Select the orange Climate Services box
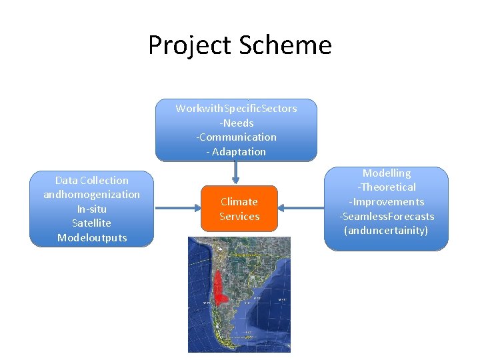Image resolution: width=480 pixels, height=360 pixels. click(x=239, y=209)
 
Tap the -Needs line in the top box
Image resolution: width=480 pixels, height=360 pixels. click(x=236, y=123)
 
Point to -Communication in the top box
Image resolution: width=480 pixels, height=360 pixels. click(x=236, y=137)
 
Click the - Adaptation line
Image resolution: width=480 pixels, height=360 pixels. click(x=236, y=151)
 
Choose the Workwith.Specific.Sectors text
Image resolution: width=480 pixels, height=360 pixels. click(x=236, y=108)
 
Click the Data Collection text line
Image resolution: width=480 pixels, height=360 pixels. click(x=91, y=180)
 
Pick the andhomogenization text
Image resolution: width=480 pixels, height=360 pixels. click(x=91, y=195)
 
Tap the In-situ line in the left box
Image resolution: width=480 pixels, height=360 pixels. click(x=91, y=209)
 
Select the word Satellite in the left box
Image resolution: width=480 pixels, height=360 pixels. click(x=91, y=223)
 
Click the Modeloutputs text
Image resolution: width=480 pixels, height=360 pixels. click(x=91, y=238)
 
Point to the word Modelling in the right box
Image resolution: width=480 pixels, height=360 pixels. click(x=387, y=173)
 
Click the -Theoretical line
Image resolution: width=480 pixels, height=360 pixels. click(x=387, y=187)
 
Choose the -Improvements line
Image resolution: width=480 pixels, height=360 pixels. click(x=387, y=202)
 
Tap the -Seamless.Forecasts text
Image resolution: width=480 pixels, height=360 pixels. click(x=387, y=216)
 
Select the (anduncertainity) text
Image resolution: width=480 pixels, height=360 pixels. click(x=387, y=231)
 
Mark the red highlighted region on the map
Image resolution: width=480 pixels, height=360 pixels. click(x=219, y=287)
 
